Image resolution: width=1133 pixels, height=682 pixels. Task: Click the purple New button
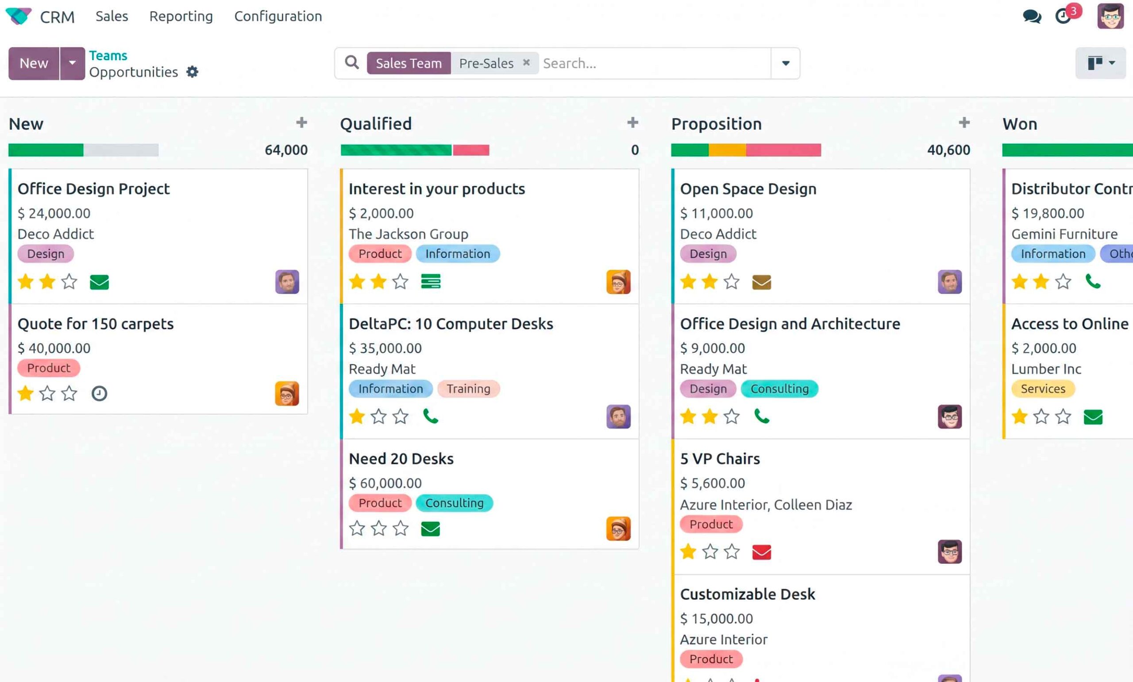34,63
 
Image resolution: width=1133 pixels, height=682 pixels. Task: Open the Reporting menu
181,16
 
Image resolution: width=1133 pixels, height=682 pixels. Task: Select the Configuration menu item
278,16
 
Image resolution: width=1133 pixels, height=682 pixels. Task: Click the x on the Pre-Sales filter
527,62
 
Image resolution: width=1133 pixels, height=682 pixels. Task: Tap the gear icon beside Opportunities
192,72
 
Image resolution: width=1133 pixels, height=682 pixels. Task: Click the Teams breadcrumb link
108,56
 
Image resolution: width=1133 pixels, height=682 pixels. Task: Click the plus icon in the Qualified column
633,123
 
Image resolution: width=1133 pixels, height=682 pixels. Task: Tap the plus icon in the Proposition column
964,123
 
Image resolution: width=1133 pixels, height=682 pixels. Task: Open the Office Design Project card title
94,189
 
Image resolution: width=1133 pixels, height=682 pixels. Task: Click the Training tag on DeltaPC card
469,389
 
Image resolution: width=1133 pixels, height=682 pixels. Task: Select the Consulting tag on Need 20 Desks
454,503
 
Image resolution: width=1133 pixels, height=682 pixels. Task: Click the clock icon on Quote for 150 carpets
99,393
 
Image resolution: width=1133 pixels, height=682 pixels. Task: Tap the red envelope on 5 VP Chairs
762,552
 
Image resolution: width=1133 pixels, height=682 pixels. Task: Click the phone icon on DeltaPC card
430,416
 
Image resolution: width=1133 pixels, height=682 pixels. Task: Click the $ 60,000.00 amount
385,483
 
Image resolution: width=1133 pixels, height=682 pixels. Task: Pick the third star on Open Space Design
732,281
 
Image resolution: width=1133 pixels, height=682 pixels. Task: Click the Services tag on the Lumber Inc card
1043,389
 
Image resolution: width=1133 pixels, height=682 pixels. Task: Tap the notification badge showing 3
1073,11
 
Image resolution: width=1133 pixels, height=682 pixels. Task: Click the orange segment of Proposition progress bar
727,150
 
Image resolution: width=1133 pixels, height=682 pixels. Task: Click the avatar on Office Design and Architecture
949,416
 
